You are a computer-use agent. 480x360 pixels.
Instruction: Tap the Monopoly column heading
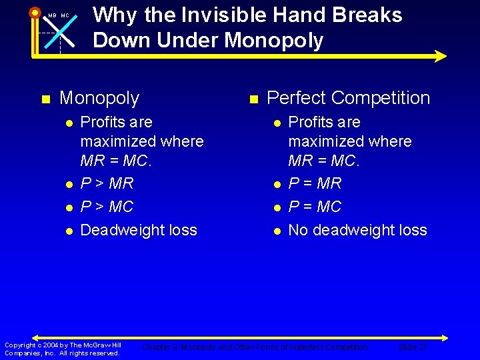[99, 98]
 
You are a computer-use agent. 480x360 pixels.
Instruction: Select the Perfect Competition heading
[348, 98]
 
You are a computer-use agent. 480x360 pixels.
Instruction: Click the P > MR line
[107, 183]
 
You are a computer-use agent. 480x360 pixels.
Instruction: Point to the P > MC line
[107, 207]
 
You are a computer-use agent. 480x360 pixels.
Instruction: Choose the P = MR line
[315, 183]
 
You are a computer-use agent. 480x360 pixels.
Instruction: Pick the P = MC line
[315, 207]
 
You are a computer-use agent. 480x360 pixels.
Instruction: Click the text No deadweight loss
[357, 230]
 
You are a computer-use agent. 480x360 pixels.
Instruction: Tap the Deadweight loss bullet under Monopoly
[139, 230]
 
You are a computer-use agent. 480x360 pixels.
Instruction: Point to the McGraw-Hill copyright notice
[63, 349]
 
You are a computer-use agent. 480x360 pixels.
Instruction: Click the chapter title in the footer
[255, 347]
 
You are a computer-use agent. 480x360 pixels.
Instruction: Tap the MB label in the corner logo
[51, 15]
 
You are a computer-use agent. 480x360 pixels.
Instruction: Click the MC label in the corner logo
[65, 15]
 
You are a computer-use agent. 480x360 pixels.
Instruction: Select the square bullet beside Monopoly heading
[45, 99]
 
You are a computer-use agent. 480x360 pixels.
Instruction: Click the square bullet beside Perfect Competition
[253, 99]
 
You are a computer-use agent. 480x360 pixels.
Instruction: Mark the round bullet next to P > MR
[69, 183]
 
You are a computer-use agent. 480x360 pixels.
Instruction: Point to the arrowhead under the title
[440, 56]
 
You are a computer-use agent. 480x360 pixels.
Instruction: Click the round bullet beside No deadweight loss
[276, 231]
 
